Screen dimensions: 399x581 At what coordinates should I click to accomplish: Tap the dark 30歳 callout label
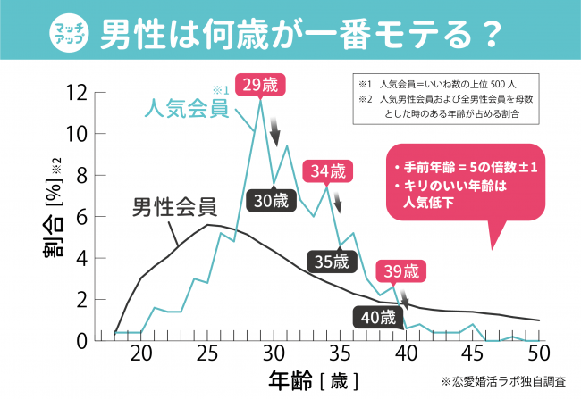pos(272,201)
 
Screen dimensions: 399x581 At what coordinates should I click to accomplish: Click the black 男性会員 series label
pos(173,208)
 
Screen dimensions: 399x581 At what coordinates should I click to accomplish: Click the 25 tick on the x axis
pos(206,353)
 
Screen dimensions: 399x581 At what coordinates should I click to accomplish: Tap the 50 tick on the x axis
pos(539,353)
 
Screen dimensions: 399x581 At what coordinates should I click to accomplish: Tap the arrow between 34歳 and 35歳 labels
pos(337,206)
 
